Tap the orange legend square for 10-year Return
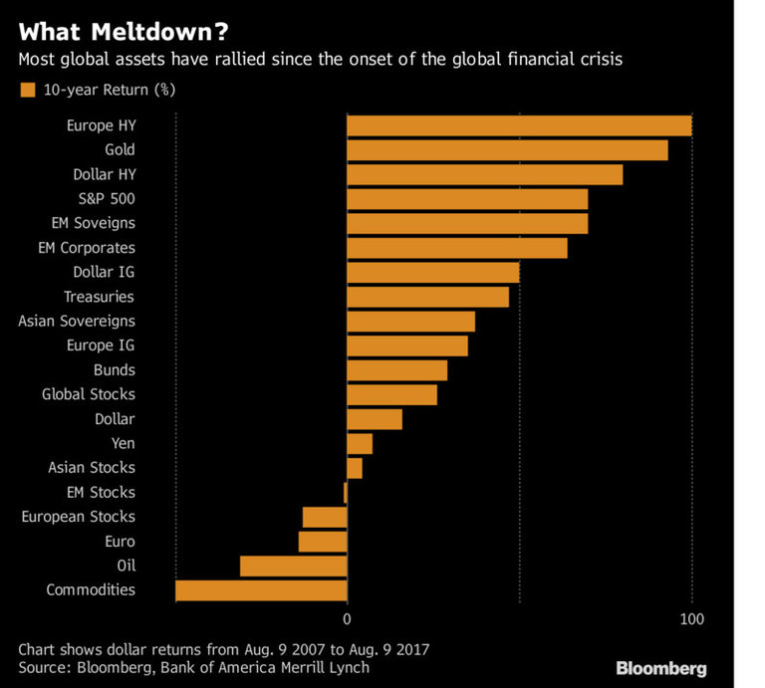pos(27,91)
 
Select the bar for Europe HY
pos(519,125)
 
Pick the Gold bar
pos(507,150)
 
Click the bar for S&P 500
pos(467,199)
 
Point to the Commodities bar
pos(261,590)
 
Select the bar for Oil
pos(294,567)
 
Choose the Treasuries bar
pos(427,297)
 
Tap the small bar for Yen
pos(360,443)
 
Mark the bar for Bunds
pos(396,370)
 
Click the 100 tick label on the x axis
pos(691,619)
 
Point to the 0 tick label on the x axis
pos(347,619)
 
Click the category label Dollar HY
pos(104,174)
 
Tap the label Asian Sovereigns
pos(77,321)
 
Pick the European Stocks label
pos(78,517)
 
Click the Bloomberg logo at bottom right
pos(660,667)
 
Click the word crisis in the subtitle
pos(599,60)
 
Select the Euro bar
pos(323,542)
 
